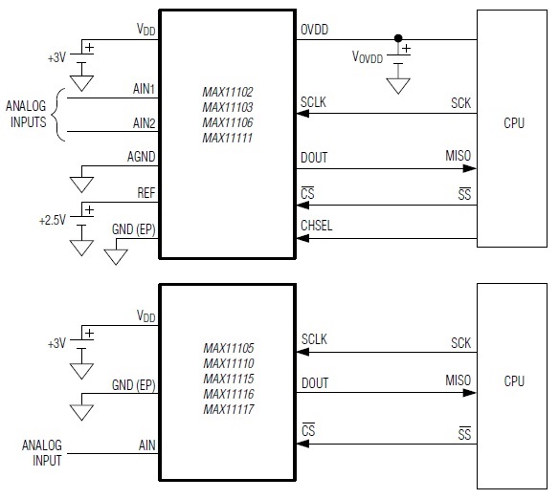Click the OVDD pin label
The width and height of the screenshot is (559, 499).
(314, 30)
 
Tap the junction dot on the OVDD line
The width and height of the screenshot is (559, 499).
(398, 38)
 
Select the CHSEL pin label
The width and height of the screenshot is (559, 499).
(316, 226)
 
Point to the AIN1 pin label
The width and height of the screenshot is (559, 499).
(144, 88)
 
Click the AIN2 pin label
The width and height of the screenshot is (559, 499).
(144, 123)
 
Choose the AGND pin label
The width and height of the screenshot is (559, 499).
(141, 157)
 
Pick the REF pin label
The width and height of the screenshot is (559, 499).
(146, 193)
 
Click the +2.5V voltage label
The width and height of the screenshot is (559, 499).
(53, 220)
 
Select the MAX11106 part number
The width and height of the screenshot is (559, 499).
(228, 122)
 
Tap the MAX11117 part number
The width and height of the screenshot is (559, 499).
(229, 409)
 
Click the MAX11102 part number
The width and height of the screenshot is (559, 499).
(228, 92)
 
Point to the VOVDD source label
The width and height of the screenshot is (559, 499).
(368, 57)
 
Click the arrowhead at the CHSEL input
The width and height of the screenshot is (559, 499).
(303, 238)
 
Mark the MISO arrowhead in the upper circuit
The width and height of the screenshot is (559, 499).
(470, 168)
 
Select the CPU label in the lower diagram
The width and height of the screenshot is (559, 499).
(514, 381)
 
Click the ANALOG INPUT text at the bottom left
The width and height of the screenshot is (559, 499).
(42, 453)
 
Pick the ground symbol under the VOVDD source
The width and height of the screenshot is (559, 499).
(398, 86)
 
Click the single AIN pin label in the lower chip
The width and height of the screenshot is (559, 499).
(146, 445)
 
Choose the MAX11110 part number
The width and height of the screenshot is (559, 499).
(229, 363)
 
